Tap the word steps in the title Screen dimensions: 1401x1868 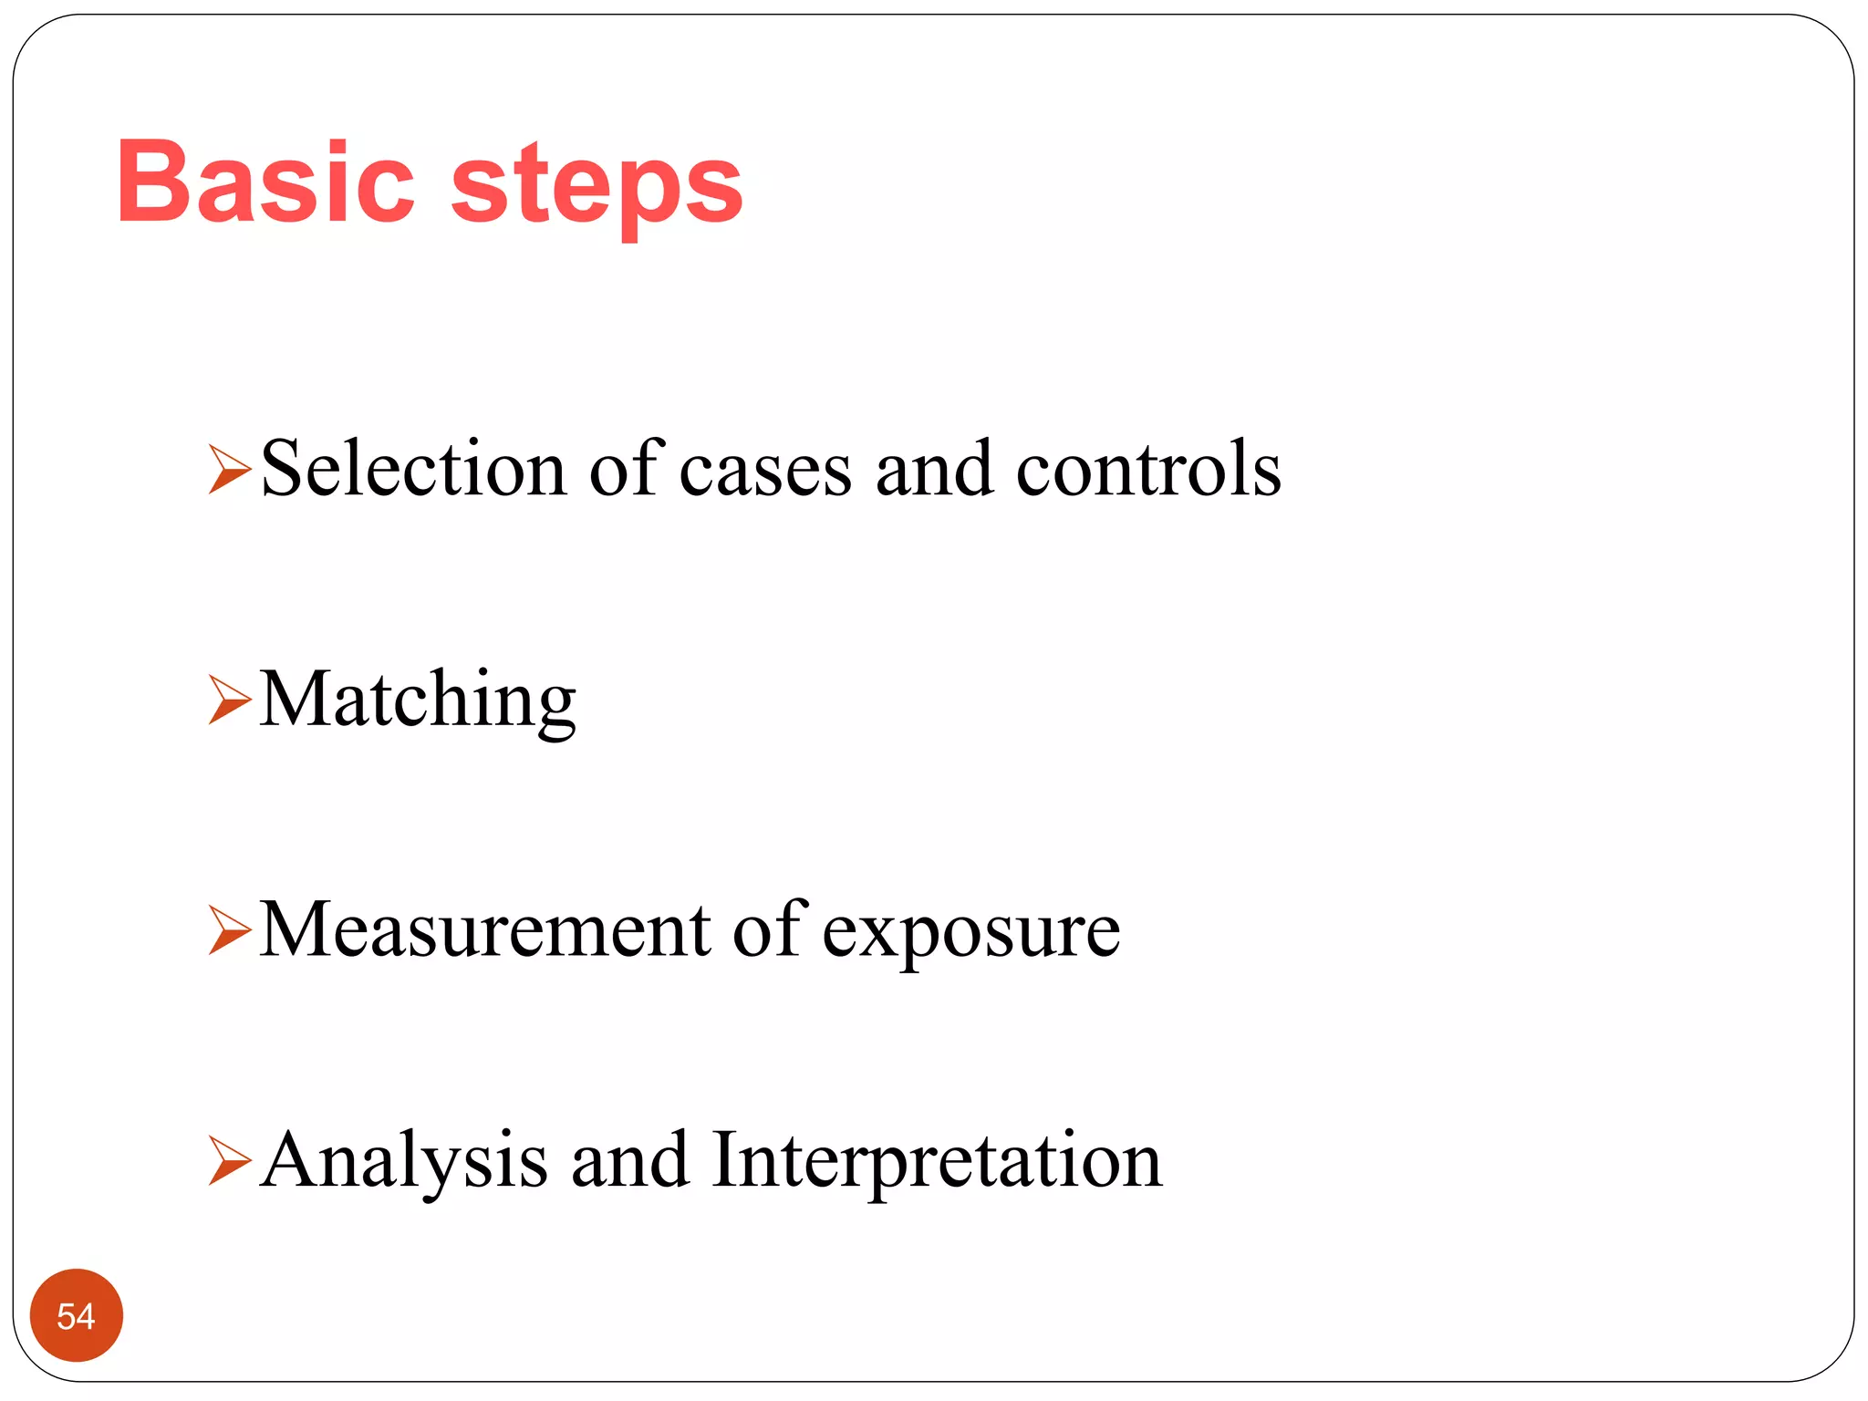pyautogui.click(x=597, y=187)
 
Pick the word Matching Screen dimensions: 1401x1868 pyautogui.click(x=418, y=700)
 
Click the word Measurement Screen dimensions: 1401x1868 pyautogui.click(x=485, y=930)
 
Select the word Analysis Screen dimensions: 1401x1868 pyautogui.click(x=404, y=1162)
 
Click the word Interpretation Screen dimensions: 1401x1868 pyautogui.click(x=937, y=1162)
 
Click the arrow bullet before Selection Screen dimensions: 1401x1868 pyautogui.click(x=229, y=469)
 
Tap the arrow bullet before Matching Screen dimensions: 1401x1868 pyautogui.click(x=229, y=700)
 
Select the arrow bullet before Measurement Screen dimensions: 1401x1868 pyautogui.click(x=229, y=930)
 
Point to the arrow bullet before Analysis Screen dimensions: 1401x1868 pyautogui.click(x=229, y=1161)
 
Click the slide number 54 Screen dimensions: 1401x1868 pyautogui.click(x=76, y=1315)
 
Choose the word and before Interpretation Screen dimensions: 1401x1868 pyautogui.click(x=629, y=1161)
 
